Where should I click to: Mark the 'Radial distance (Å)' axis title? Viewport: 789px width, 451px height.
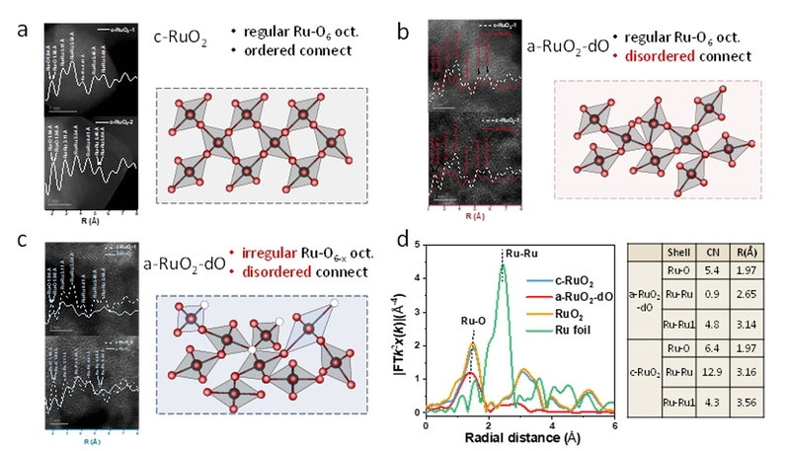click(x=520, y=436)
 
